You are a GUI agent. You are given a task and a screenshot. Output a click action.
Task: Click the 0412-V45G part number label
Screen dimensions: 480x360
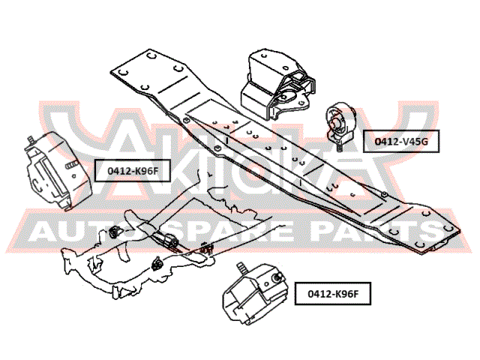(x=401, y=141)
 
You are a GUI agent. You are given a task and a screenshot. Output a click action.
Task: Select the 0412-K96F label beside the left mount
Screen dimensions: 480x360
(x=132, y=170)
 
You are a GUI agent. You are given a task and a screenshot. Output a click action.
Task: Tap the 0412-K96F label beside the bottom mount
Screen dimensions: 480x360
(x=333, y=293)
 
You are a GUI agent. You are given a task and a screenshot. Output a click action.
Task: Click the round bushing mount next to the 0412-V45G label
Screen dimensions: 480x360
(x=339, y=122)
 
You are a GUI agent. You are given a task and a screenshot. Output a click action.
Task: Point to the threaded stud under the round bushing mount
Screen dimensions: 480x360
(x=339, y=147)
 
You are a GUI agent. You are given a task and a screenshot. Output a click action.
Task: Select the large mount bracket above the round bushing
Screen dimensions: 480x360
(x=277, y=84)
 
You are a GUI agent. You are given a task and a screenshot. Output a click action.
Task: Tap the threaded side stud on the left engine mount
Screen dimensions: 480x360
(x=72, y=166)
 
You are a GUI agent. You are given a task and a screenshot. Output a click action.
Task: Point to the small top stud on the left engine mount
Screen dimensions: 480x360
(x=31, y=140)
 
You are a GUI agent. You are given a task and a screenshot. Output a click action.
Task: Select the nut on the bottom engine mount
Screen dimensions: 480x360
(x=277, y=277)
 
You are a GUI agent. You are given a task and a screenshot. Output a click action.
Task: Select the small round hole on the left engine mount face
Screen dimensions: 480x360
(x=74, y=176)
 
